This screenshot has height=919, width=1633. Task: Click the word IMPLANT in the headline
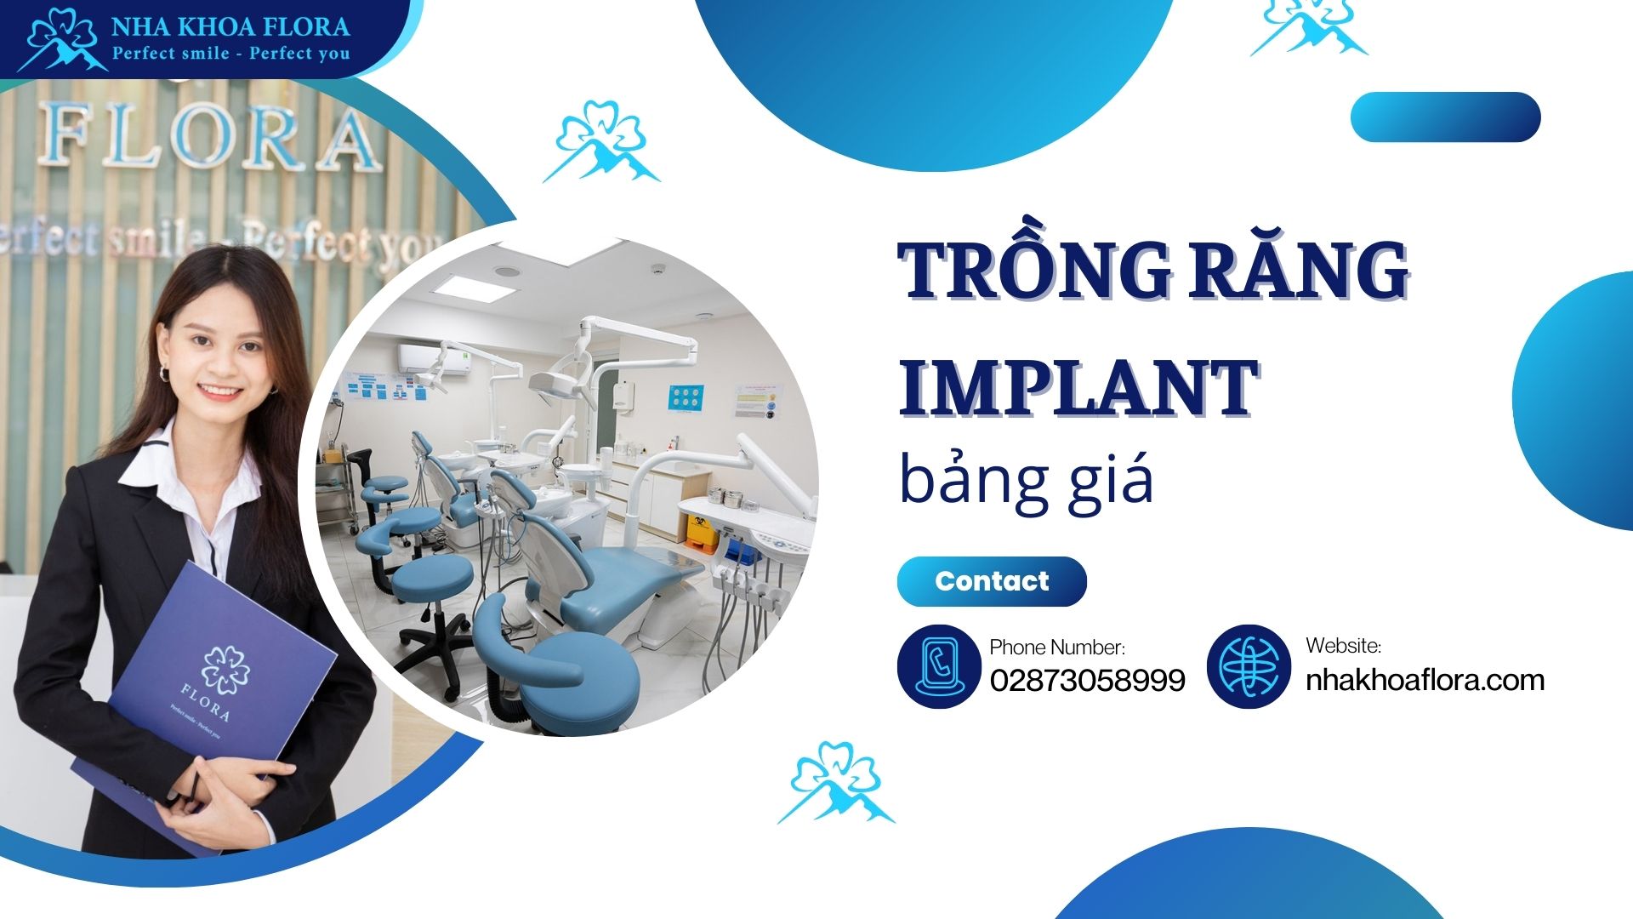1078,387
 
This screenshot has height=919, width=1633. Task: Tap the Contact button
992,581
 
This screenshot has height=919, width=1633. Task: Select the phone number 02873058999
1087,680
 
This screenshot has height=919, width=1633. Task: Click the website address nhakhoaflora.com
1425,680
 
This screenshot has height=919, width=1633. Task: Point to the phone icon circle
939,666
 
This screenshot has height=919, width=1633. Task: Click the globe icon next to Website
1249,666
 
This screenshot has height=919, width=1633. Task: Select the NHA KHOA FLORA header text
230,26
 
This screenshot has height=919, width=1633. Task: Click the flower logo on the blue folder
225,669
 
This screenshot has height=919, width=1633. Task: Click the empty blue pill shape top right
1445,117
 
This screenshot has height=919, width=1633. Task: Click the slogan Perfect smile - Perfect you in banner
230,54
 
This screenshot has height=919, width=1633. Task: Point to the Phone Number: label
1056,648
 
